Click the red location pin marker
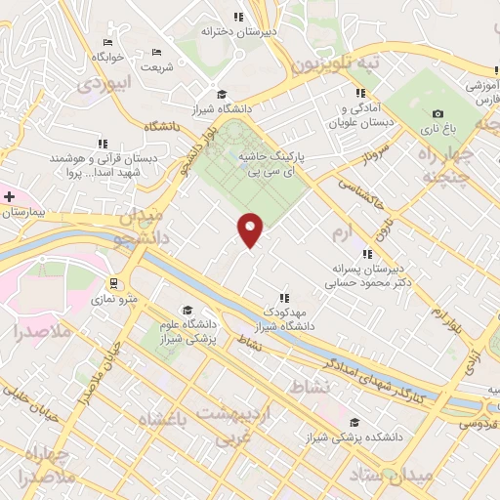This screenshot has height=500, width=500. pos(251,229)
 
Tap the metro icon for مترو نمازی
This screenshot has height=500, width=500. pos(113,284)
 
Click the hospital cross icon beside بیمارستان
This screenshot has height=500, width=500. pos(9,197)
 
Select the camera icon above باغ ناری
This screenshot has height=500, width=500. pos(437,114)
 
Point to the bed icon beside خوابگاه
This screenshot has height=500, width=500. pos(107,43)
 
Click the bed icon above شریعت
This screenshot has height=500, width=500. pos(157,53)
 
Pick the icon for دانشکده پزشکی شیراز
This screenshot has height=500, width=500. pos(354,422)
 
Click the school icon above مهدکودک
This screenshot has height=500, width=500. pos(284,298)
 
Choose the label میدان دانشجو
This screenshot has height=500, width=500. pos(143,228)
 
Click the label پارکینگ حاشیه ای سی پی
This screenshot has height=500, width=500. pos(273,162)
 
